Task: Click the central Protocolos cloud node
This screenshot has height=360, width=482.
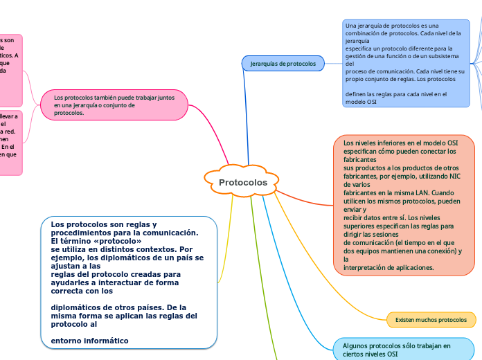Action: (x=243, y=182)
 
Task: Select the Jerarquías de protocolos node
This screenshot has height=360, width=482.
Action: (x=283, y=64)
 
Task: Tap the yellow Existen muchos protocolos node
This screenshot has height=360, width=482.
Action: (x=431, y=320)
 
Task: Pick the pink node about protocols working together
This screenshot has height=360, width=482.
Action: (x=114, y=105)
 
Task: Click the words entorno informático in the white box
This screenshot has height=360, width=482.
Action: (x=90, y=341)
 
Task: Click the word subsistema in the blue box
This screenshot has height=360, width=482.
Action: (x=449, y=56)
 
